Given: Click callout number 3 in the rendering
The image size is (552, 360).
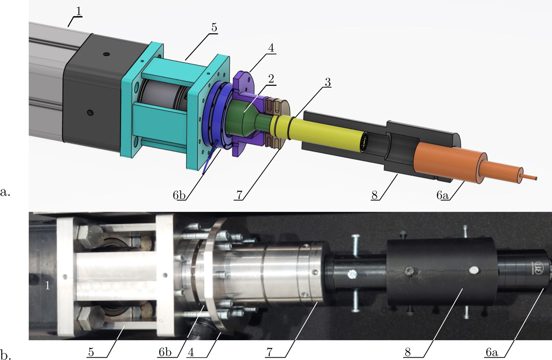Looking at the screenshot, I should click(327, 82).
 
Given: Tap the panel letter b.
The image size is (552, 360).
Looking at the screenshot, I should click(5, 354).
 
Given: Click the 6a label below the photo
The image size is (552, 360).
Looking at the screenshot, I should click(492, 353).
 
